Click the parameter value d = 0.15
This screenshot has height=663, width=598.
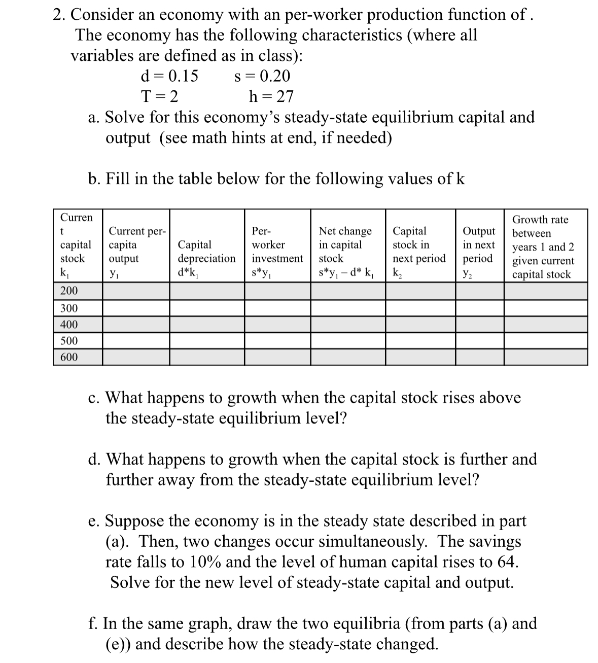[x=169, y=76]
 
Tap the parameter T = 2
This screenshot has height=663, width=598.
[x=159, y=96]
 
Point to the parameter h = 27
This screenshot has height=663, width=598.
[x=271, y=96]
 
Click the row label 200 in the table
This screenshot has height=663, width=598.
[x=69, y=291]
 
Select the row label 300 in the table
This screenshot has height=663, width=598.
[x=69, y=308]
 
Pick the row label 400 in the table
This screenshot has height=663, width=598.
[x=69, y=325]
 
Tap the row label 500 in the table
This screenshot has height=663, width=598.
[x=69, y=341]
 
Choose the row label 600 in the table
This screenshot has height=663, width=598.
[x=69, y=357]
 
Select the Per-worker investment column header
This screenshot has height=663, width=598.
[x=277, y=252]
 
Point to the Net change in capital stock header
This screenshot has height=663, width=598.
[x=345, y=252]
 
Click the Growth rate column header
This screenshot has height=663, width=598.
[x=543, y=247]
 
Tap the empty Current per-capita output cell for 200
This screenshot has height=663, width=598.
[x=136, y=291]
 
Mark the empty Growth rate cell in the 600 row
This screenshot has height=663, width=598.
[x=546, y=357]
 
